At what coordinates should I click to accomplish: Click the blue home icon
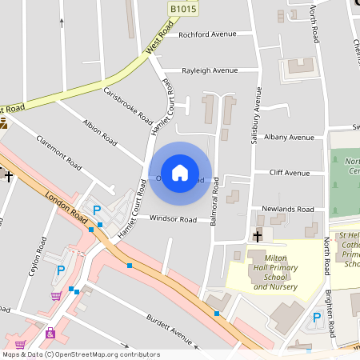point(180,173)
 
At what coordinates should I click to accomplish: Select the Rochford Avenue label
point(208,34)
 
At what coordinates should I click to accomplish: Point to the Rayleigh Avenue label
point(210,70)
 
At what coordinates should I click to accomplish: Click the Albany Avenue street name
point(290,138)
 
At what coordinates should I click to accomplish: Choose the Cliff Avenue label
point(290,173)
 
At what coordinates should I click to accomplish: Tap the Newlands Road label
point(288,209)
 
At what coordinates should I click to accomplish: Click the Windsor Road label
point(173,219)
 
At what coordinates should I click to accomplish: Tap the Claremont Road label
point(59,152)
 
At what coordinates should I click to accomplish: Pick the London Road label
point(66,209)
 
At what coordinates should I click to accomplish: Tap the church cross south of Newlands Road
point(258,235)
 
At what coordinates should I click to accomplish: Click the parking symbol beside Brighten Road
point(316,318)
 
